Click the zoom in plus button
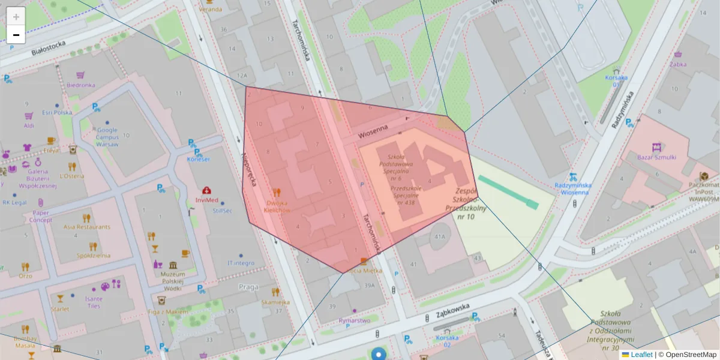coord(16,17)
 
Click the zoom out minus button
coord(16,35)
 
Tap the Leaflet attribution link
coord(641,355)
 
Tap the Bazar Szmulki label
coord(656,157)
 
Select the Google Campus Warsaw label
coord(107,137)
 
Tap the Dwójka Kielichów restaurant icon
coord(276,193)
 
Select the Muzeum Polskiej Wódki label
coord(173,277)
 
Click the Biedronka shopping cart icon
coord(80,76)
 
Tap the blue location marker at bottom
coord(379,354)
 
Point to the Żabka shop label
coord(678,64)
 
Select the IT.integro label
coord(241,263)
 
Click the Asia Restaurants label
coord(87,227)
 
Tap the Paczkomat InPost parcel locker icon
coord(704,176)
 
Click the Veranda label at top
coord(210,10)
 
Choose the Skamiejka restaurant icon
coord(275,292)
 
